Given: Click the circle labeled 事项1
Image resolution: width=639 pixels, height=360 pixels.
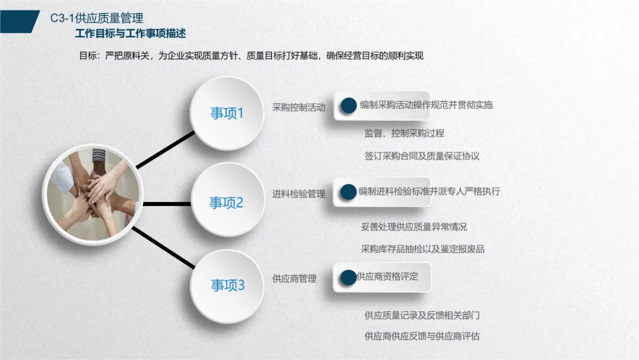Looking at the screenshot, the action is tap(227, 113).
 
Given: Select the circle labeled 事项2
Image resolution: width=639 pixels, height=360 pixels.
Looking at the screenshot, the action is tap(227, 202).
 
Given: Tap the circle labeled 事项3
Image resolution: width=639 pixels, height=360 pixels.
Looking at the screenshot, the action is tap(228, 286).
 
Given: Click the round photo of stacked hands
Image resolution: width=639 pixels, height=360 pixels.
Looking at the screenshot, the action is tap(94, 195).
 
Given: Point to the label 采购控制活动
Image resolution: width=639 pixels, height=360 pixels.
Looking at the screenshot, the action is tap(299, 108).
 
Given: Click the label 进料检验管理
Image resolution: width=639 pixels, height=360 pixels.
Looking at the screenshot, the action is tap(299, 194).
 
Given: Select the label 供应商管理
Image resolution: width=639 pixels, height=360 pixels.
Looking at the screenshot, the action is tap(294, 278).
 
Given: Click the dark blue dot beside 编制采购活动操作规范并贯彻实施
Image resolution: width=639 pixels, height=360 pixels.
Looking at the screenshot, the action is tap(348, 105).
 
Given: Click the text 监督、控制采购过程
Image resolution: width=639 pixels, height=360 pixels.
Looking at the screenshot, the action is tap(404, 133).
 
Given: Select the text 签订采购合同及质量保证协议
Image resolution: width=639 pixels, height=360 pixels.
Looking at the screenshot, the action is tap(422, 156).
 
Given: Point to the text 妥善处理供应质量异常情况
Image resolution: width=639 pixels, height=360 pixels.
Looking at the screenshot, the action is tap(414, 226).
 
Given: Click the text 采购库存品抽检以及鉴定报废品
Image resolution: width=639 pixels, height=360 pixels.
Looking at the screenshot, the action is tap(422, 249).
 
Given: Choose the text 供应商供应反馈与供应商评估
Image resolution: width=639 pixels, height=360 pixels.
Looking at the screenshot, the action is tap(422, 336).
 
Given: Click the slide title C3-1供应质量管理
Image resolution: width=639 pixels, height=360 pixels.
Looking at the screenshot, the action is tap(96, 18).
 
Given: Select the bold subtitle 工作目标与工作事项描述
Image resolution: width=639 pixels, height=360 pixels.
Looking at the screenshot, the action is tap(130, 34).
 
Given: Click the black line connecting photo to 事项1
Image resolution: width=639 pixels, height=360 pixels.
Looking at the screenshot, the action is tap(166, 149).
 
